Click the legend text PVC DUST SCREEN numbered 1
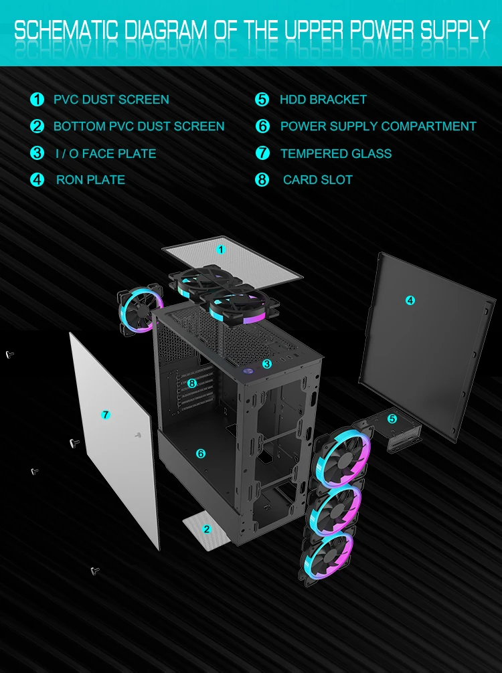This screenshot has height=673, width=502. tap(111, 100)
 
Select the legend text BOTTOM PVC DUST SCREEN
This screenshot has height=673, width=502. tap(139, 126)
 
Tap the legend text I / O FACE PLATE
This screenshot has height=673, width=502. tap(106, 153)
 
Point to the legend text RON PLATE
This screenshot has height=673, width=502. tap(90, 179)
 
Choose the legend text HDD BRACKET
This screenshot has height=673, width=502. tap(323, 100)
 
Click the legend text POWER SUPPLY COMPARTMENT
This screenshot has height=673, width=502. tap(378, 126)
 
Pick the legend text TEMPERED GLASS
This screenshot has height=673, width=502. tap(336, 153)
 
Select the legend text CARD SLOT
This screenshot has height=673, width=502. tap(317, 179)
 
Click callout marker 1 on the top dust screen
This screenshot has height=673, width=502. tap(221, 250)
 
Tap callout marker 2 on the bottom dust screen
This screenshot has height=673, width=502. tap(206, 529)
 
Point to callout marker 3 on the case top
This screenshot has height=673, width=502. tap(266, 364)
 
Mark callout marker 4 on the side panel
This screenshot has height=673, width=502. tap(410, 301)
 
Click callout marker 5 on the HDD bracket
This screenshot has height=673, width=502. tap(392, 419)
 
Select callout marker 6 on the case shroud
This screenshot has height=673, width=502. tap(200, 454)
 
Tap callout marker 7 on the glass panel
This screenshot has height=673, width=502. tap(105, 415)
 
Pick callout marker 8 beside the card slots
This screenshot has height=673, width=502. tap(192, 383)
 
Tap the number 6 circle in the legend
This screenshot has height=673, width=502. tap(262, 126)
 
